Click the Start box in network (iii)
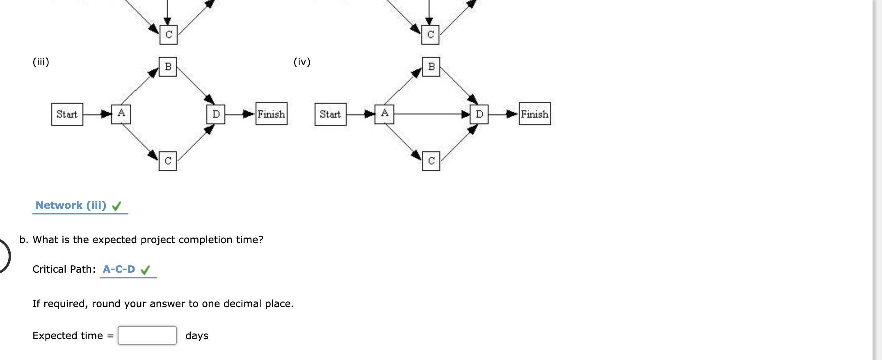tap(67, 114)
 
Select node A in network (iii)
tap(121, 114)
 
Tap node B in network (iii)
tap(168, 67)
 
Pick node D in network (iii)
tap(216, 114)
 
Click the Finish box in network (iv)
tap(535, 114)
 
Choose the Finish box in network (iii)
tap(271, 114)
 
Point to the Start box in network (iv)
tap(330, 114)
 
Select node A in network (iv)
tap(384, 114)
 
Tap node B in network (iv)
tap(431, 67)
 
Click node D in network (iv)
tap(479, 114)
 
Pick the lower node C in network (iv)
tap(431, 161)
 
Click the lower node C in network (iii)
tap(168, 161)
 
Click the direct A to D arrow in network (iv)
tap(431, 114)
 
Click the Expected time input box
tap(147, 335)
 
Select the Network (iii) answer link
tap(71, 205)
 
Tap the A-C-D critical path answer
tap(119, 269)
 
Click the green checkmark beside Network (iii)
tap(117, 206)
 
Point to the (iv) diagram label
tap(302, 62)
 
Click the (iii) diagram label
tap(41, 62)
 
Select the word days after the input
tap(197, 336)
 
